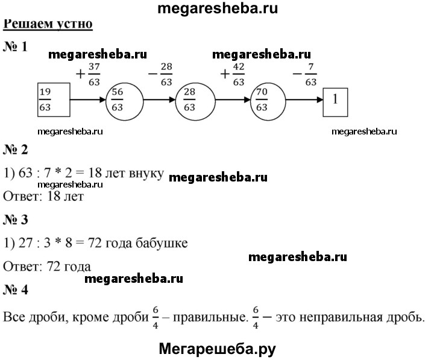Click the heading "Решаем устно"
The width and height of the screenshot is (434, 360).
click(48, 25)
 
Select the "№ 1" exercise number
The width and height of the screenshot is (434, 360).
click(16, 47)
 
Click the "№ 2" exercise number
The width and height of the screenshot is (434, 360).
click(16, 148)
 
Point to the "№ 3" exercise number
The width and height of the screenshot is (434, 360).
click(16, 219)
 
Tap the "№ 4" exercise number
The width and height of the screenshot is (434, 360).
click(16, 289)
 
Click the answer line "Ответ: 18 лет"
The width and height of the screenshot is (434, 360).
click(43, 195)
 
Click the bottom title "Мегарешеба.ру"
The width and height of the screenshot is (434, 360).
click(217, 348)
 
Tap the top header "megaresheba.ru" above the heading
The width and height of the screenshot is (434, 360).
click(217, 8)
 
